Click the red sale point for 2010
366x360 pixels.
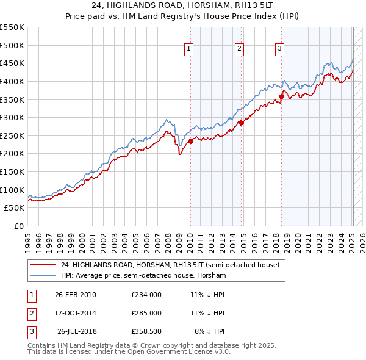[190, 141]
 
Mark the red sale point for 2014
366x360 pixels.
[241, 123]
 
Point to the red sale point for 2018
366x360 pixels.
[282, 96]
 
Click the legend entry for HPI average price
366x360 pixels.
[143, 276]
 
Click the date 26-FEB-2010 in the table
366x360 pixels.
[76, 295]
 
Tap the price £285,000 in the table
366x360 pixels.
[146, 313]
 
